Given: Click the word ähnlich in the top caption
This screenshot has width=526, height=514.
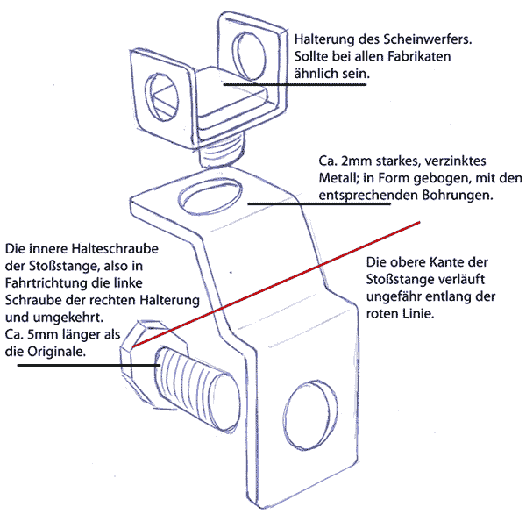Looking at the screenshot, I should coord(317,74).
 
